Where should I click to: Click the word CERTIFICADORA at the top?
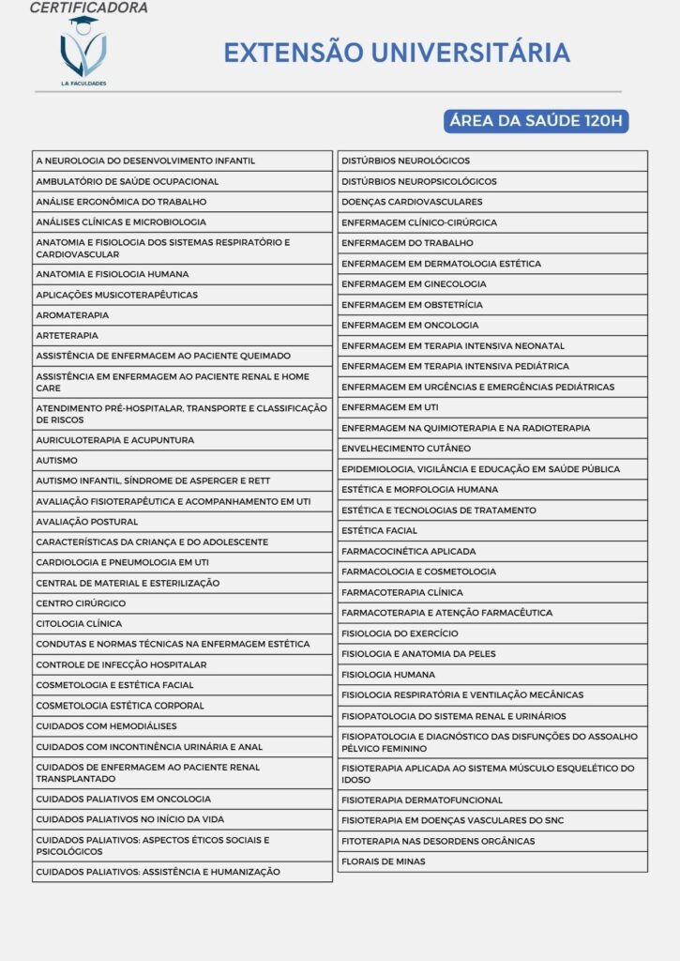pyautogui.click(x=88, y=8)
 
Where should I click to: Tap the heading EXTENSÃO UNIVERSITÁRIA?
pyautogui.click(x=396, y=52)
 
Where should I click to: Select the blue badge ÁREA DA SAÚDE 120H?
pyautogui.click(x=536, y=121)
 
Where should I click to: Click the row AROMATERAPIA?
pyautogui.click(x=72, y=315)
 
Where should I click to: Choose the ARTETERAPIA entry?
pyautogui.click(x=67, y=335)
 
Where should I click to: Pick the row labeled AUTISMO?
pyautogui.click(x=56, y=461)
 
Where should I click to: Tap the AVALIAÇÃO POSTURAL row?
pyautogui.click(x=86, y=522)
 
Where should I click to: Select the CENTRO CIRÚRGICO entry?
pyautogui.click(x=81, y=603)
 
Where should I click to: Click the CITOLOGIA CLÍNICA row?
pyautogui.click(x=79, y=624)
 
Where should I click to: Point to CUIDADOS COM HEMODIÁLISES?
pyautogui.click(x=106, y=726)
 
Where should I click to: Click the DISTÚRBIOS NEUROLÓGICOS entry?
pyautogui.click(x=406, y=160)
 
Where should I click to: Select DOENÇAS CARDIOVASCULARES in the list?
pyautogui.click(x=412, y=202)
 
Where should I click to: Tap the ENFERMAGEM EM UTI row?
pyautogui.click(x=389, y=407)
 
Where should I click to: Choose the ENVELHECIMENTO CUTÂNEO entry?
pyautogui.click(x=406, y=449)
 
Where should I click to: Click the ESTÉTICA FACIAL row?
pyautogui.click(x=379, y=531)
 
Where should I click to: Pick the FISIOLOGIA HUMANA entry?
pyautogui.click(x=388, y=675)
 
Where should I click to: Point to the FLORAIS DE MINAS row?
pyautogui.click(x=383, y=862)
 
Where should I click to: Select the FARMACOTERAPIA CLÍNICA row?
pyautogui.click(x=402, y=593)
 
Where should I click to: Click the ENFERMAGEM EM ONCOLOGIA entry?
pyautogui.click(x=410, y=325)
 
